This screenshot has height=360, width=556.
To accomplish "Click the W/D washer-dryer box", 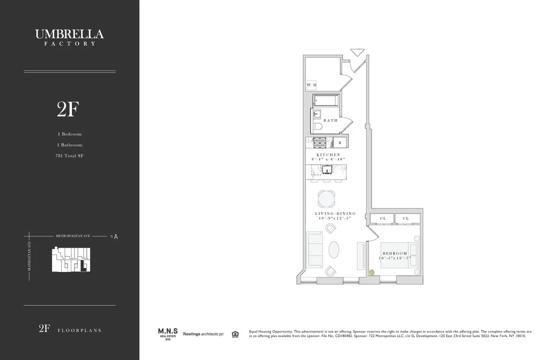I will pos(311,85).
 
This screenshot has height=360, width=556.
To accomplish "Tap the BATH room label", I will pos(330,120).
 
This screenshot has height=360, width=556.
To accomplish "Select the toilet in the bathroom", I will pos(317,126).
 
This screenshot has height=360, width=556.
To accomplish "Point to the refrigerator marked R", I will pos(340,143).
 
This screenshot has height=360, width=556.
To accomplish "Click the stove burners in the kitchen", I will pos(320,143).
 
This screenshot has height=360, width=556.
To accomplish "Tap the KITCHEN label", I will pos(329,155).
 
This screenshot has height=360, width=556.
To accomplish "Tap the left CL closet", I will pos(383,218).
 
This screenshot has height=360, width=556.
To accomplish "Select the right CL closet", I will pos(406,218).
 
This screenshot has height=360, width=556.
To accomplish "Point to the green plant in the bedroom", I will pos(371,272).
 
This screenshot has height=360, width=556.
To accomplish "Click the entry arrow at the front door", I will pos(357,52).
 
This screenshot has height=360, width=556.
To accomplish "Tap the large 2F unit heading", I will pos(68,109).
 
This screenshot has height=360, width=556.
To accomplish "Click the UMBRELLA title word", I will pos(69,34).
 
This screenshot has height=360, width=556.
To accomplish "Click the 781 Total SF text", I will pos(69,156).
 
